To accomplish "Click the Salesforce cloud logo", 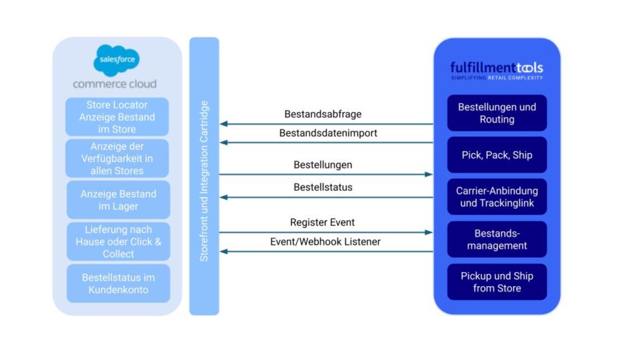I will click(x=117, y=61).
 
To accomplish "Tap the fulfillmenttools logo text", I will click(x=496, y=68).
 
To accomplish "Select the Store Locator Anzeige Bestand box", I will click(x=117, y=117).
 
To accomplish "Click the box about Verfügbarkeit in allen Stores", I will click(x=117, y=159).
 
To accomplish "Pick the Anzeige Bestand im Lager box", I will click(x=118, y=199).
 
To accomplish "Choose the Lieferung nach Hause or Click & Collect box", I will click(x=118, y=241).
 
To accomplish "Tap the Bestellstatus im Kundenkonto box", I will click(x=118, y=284).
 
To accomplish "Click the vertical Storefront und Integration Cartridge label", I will click(x=204, y=180).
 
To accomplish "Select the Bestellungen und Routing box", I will click(x=497, y=113).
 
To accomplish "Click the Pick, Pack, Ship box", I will click(x=497, y=155).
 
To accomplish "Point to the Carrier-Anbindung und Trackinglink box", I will click(x=497, y=197).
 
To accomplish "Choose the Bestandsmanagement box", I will click(x=497, y=239).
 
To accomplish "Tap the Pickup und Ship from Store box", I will click(x=497, y=282).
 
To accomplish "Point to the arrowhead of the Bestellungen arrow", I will click(x=429, y=174).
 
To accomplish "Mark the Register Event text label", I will click(x=322, y=222).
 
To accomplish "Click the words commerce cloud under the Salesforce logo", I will click(x=115, y=84).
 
